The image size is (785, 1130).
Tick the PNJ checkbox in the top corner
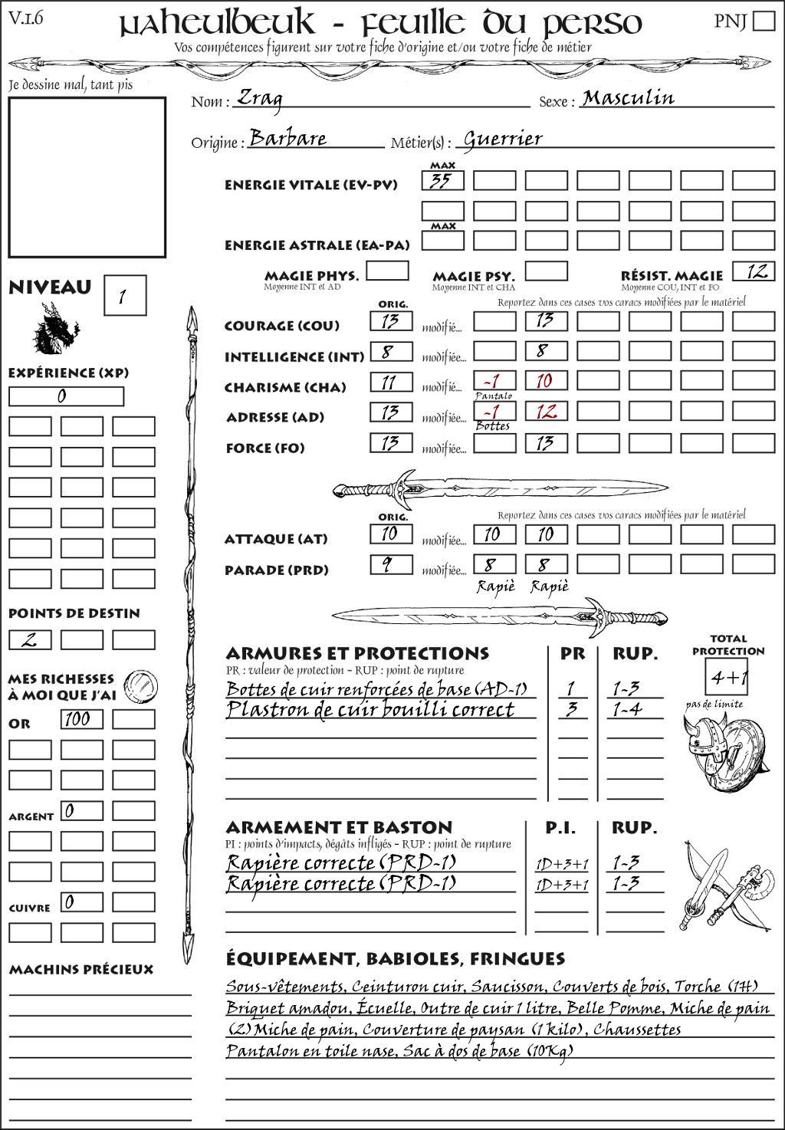764,21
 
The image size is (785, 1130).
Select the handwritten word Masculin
628,97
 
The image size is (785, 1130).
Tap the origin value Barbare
287,138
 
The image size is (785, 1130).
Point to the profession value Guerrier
503,139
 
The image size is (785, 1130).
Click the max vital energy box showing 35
442,181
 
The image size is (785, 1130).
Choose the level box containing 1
124,296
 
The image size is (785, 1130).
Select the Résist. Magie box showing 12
753,271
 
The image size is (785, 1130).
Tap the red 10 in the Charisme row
546,381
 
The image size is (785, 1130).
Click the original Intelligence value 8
390,352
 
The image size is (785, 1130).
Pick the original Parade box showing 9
390,565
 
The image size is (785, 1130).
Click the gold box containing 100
81,719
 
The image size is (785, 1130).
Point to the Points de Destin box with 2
30,639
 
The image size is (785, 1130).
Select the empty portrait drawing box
87,178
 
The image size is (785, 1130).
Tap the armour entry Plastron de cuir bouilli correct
370,710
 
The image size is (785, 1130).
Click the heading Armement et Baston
339,827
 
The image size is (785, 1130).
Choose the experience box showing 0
66,396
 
